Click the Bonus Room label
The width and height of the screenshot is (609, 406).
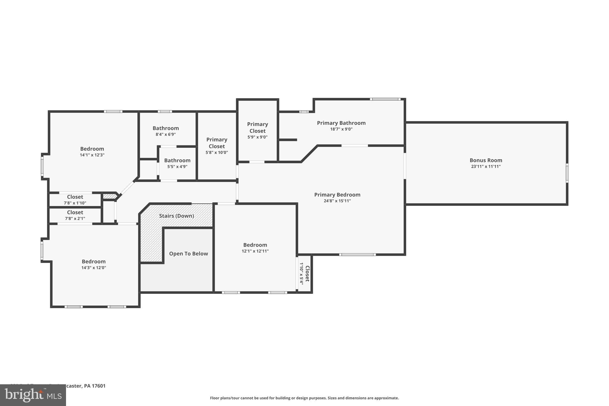(486, 160)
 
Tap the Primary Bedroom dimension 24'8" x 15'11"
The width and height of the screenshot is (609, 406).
(337, 201)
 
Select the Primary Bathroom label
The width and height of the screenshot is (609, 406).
(341, 123)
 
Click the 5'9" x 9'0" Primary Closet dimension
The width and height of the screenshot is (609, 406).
(257, 137)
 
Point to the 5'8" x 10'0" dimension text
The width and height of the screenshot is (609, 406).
(216, 153)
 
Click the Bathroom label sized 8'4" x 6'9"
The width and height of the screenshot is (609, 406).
(166, 128)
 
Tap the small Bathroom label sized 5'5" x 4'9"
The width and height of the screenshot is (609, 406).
(177, 160)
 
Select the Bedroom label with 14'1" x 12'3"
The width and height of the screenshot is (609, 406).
(92, 149)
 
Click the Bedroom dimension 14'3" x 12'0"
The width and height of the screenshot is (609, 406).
(94, 268)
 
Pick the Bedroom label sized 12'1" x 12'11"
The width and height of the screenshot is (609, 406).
(255, 245)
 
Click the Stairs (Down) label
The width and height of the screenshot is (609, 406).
(176, 216)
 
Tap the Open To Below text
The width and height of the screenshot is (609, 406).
(188, 254)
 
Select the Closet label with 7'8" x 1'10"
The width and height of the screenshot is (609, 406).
(75, 197)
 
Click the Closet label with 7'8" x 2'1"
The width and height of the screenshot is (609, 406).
(75, 212)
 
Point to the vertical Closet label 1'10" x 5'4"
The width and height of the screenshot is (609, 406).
(307, 274)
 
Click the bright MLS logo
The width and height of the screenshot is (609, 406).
(33, 395)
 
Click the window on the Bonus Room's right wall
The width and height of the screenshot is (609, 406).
(567, 173)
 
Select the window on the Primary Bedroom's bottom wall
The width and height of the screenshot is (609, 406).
(357, 255)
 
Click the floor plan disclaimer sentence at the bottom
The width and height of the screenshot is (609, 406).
(304, 398)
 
